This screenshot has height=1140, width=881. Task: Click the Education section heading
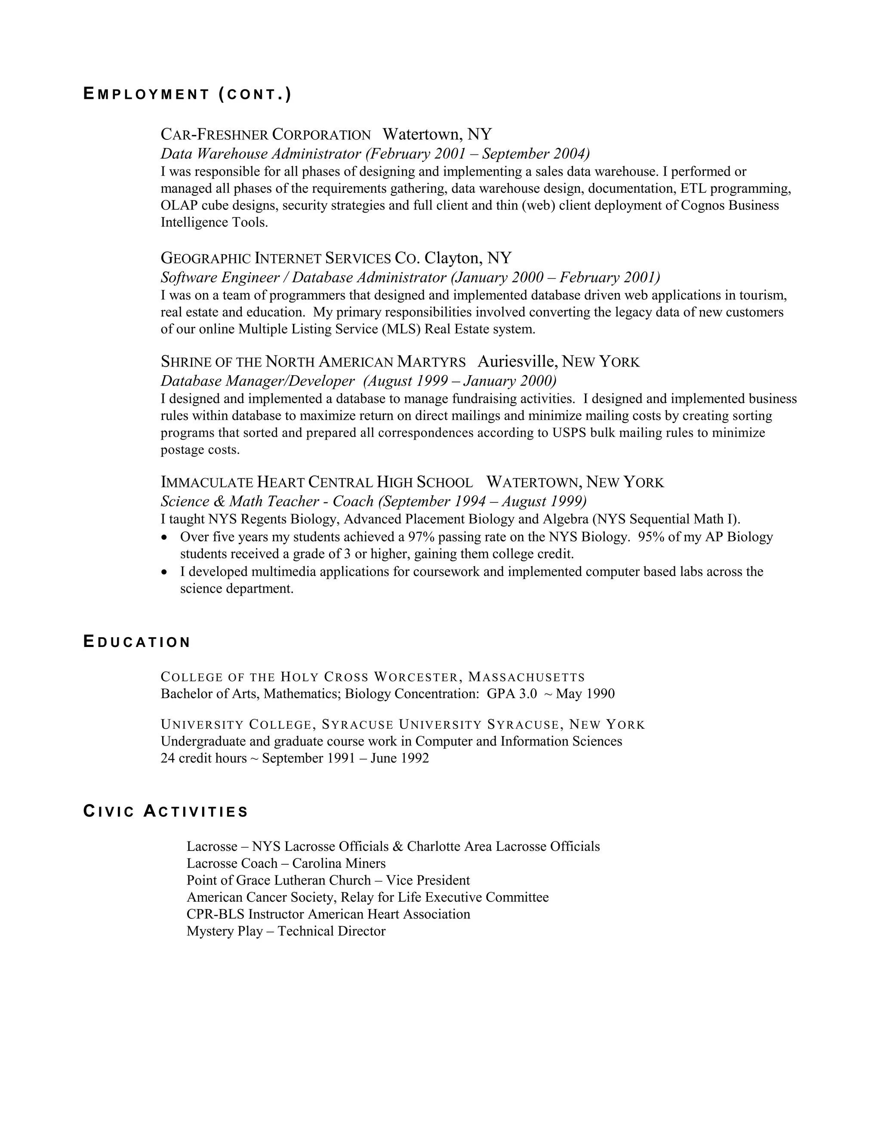tap(137, 641)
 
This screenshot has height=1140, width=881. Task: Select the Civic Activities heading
tap(166, 811)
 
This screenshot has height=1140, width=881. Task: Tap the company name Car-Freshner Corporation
tap(266, 135)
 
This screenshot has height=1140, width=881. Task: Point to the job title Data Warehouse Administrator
tap(260, 154)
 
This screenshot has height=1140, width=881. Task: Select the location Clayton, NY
tap(468, 258)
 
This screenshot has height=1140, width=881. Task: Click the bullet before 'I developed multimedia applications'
tap(165, 572)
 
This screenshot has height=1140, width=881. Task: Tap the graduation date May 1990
tap(585, 694)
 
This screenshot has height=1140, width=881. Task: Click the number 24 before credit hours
tap(167, 758)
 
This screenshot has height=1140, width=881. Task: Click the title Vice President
tap(428, 880)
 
